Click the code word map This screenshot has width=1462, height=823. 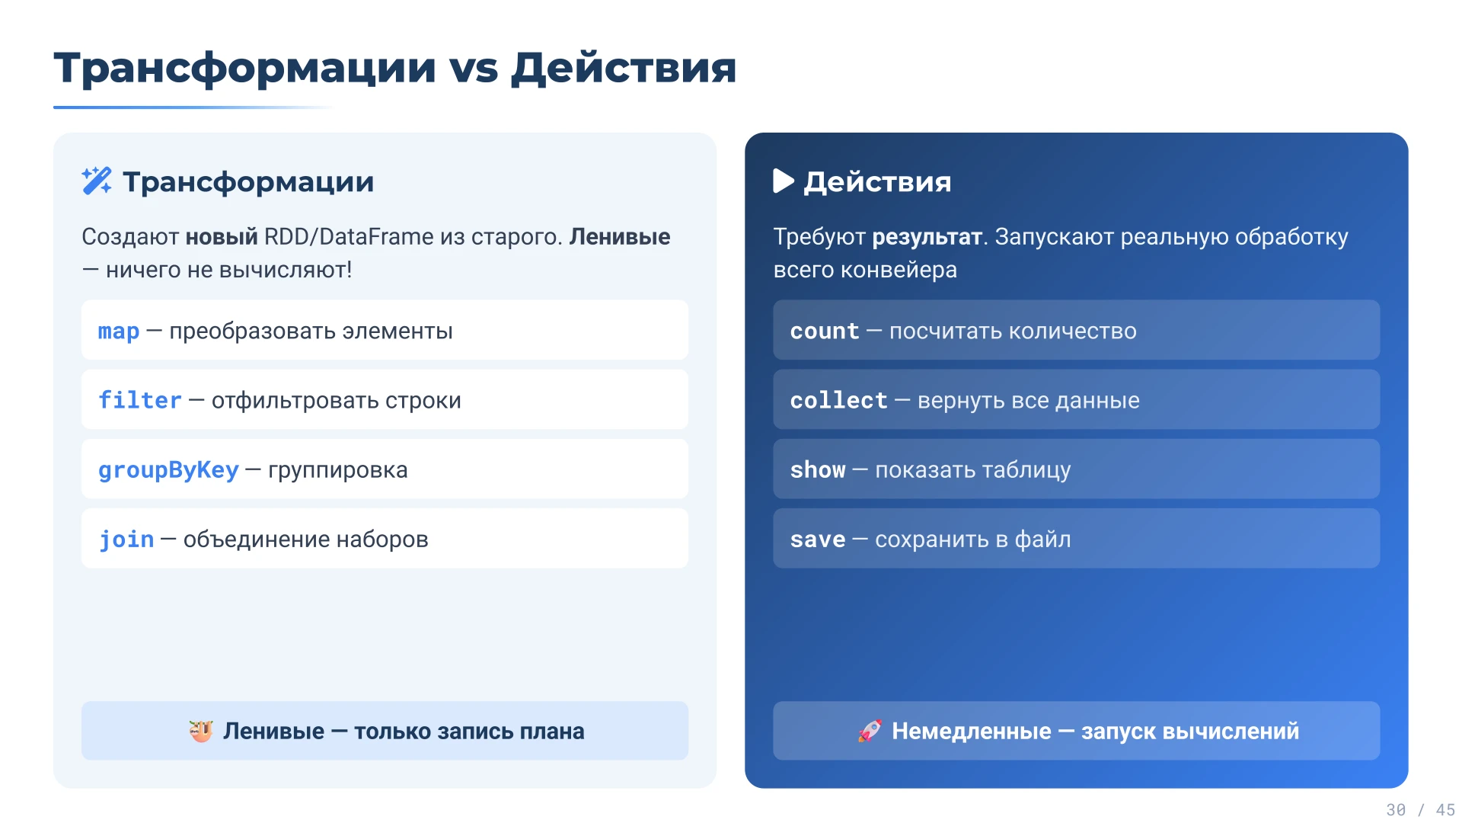pyautogui.click(x=119, y=331)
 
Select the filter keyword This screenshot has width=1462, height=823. pyautogui.click(x=140, y=401)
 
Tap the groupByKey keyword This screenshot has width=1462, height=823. pyautogui.click(x=168, y=470)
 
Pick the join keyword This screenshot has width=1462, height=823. pyautogui.click(x=126, y=540)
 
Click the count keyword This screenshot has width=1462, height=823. pyautogui.click(x=825, y=331)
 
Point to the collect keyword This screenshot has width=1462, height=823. pyautogui.click(x=838, y=401)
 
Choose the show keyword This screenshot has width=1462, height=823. pyautogui.click(x=818, y=470)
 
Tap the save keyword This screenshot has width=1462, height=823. pyautogui.click(x=818, y=540)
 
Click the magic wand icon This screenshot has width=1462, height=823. pyautogui.click(x=97, y=181)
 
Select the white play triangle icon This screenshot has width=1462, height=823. pyautogui.click(x=783, y=181)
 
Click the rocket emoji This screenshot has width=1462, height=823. pyautogui.click(x=870, y=731)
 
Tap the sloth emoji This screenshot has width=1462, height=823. pyautogui.click(x=201, y=731)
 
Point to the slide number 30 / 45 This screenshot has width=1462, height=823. pyautogui.click(x=1420, y=809)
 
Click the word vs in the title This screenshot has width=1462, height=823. pyautogui.click(x=474, y=69)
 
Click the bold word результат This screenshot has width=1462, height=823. pyautogui.click(x=927, y=237)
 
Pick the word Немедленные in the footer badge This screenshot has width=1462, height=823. pyautogui.click(x=971, y=731)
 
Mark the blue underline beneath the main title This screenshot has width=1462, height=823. pyautogui.click(x=190, y=107)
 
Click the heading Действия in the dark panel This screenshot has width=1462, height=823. pyautogui.click(x=877, y=182)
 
